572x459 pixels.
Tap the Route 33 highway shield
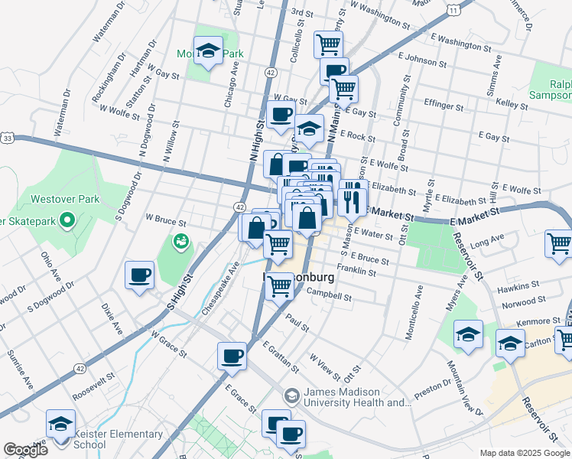point(7,138)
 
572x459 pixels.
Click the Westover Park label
point(65,199)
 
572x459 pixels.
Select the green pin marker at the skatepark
point(67,222)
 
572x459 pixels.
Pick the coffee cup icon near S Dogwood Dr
point(139,275)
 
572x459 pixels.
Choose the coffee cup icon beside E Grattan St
point(232,356)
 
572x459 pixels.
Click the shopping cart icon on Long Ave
point(559,243)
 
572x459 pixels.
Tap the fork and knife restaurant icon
point(352,201)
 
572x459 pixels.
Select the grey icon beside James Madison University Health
point(291,396)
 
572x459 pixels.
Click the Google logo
point(25,450)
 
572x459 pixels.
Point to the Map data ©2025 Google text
point(525,452)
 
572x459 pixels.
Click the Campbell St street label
point(329,294)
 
